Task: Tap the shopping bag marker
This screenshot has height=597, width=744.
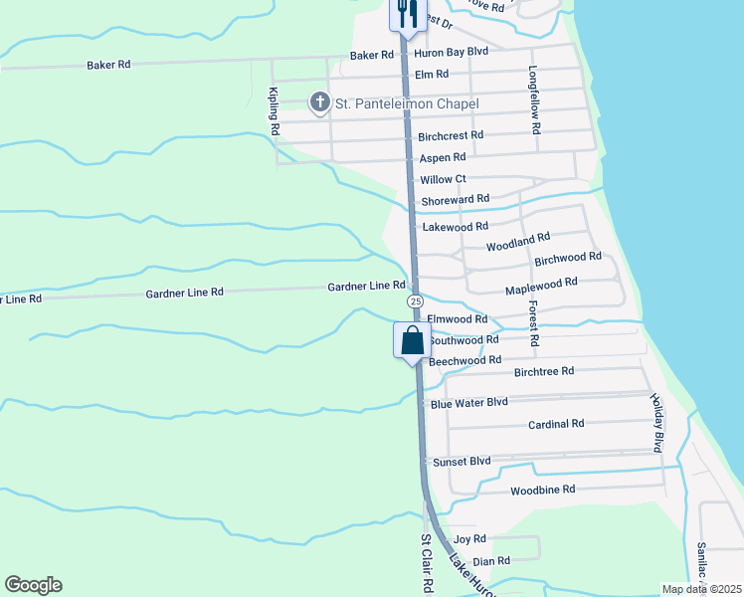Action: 412,341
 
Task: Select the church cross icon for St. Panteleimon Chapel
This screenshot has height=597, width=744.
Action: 320,101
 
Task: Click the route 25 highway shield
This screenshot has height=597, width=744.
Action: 415,301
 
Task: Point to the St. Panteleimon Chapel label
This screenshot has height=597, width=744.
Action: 407,103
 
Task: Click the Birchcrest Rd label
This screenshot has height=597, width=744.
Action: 451,135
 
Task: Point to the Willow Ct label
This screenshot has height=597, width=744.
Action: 443,179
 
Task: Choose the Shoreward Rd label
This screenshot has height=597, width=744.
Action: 455,200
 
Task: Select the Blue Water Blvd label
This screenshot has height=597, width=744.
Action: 468,403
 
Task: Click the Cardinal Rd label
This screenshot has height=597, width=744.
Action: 556,424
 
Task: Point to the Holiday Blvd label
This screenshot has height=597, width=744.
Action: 656,423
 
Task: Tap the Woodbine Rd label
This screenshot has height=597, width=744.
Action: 542,490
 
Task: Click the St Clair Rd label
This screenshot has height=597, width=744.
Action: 425,563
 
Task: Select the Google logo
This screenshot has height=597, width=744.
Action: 33,585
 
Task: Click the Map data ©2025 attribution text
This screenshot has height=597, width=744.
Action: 700,589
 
